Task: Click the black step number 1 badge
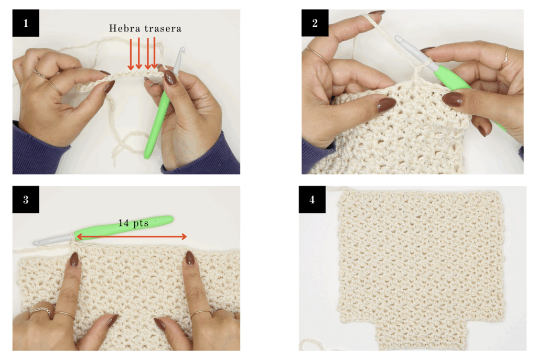(26, 23)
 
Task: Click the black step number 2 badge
(315, 23)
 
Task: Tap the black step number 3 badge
(26, 200)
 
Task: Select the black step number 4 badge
(312, 200)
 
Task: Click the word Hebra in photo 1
(125, 28)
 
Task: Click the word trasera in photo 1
(163, 29)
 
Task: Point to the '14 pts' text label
(133, 223)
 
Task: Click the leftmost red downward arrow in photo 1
(131, 54)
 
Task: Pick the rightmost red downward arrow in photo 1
(155, 53)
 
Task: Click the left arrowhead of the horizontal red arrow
(79, 236)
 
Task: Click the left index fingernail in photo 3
(74, 259)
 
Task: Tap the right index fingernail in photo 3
(190, 258)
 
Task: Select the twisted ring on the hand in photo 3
(41, 311)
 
